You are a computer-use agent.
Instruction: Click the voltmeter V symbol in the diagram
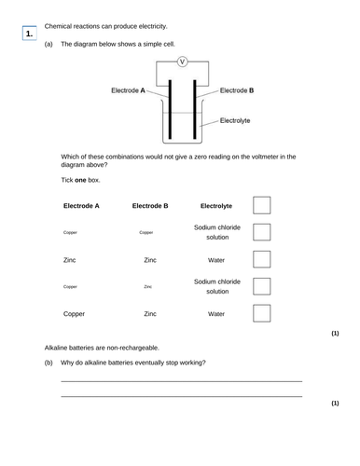coord(183,62)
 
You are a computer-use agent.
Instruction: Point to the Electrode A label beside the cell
coord(128,91)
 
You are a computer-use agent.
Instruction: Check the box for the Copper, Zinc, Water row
coord(262,314)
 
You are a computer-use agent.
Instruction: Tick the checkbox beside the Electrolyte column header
coord(262,205)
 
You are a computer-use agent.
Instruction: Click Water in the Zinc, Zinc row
coord(217,261)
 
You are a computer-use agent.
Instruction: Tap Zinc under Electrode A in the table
coord(70,261)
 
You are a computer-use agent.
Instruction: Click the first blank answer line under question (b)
coord(181,381)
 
